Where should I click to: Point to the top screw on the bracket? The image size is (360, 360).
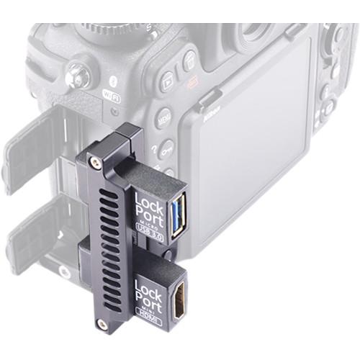pos(94,156)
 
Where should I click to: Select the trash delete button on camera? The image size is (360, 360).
pos(189,60)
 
